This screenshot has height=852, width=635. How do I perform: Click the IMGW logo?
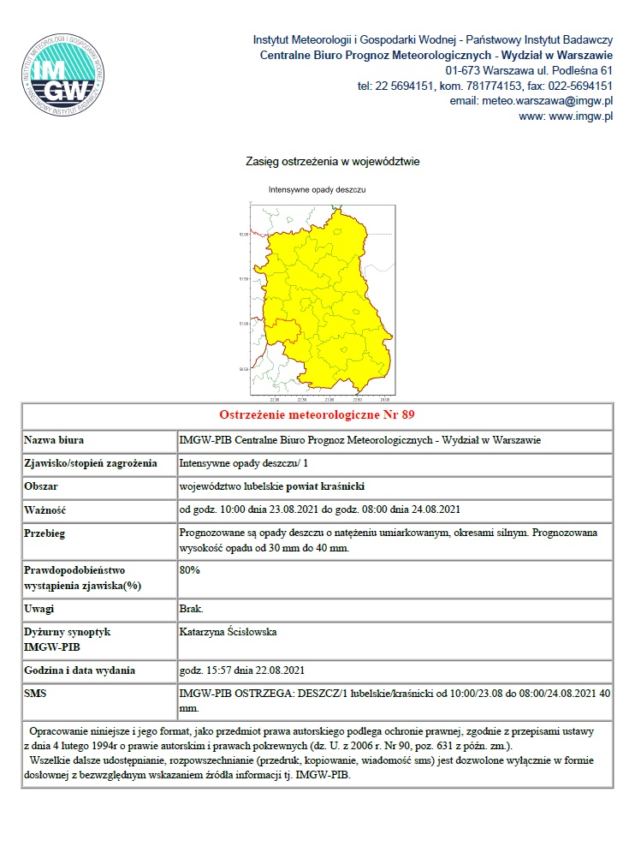click(x=66, y=74)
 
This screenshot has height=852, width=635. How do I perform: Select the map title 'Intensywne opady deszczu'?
click(x=317, y=189)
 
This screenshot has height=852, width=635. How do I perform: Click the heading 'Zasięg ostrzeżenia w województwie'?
click(x=332, y=161)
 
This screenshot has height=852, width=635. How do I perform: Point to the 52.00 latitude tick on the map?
click(x=243, y=234)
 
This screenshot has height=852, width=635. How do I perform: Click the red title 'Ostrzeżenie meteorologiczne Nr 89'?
click(x=317, y=415)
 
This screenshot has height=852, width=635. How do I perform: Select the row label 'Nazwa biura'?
click(x=54, y=440)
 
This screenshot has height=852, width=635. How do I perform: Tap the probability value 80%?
click(x=190, y=569)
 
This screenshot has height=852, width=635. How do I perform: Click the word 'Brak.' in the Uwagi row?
click(x=192, y=608)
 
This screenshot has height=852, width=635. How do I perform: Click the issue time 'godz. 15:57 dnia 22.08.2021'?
click(x=242, y=670)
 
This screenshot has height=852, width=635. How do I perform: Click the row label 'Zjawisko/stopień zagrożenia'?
click(x=91, y=463)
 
